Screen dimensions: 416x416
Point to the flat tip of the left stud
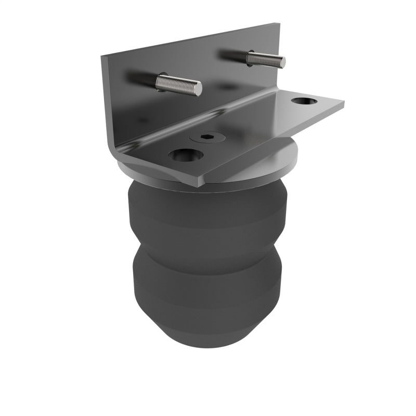coord(199,89)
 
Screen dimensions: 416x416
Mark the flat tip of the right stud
coord(283,62)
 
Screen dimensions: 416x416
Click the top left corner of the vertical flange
coord(101,56)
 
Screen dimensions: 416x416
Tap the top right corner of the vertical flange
coord(279,24)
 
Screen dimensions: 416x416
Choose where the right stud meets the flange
coord(249,55)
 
